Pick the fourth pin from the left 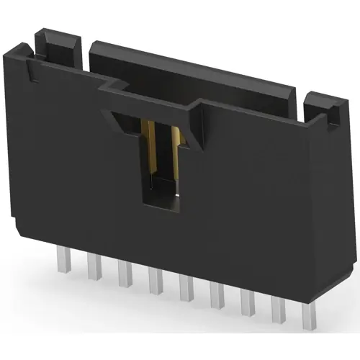(153, 280)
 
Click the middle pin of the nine (184, 287)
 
